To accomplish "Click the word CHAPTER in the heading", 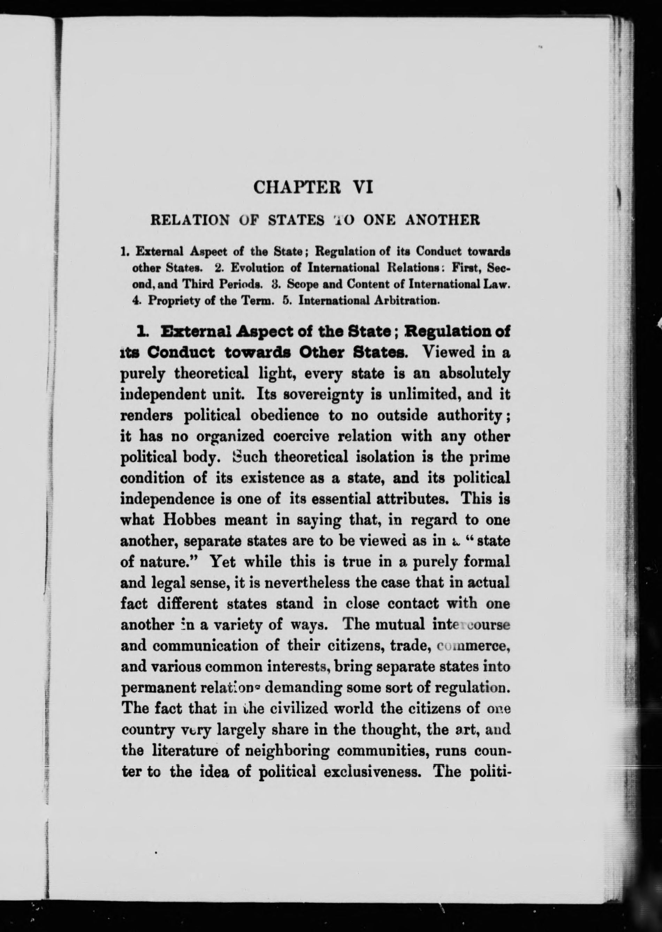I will click(297, 188).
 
